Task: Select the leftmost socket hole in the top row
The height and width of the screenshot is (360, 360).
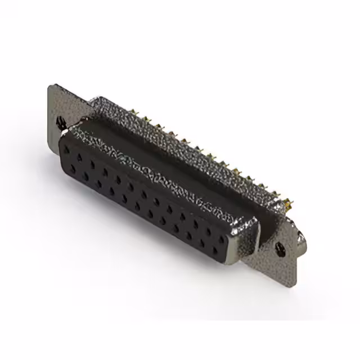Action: (x=69, y=151)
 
